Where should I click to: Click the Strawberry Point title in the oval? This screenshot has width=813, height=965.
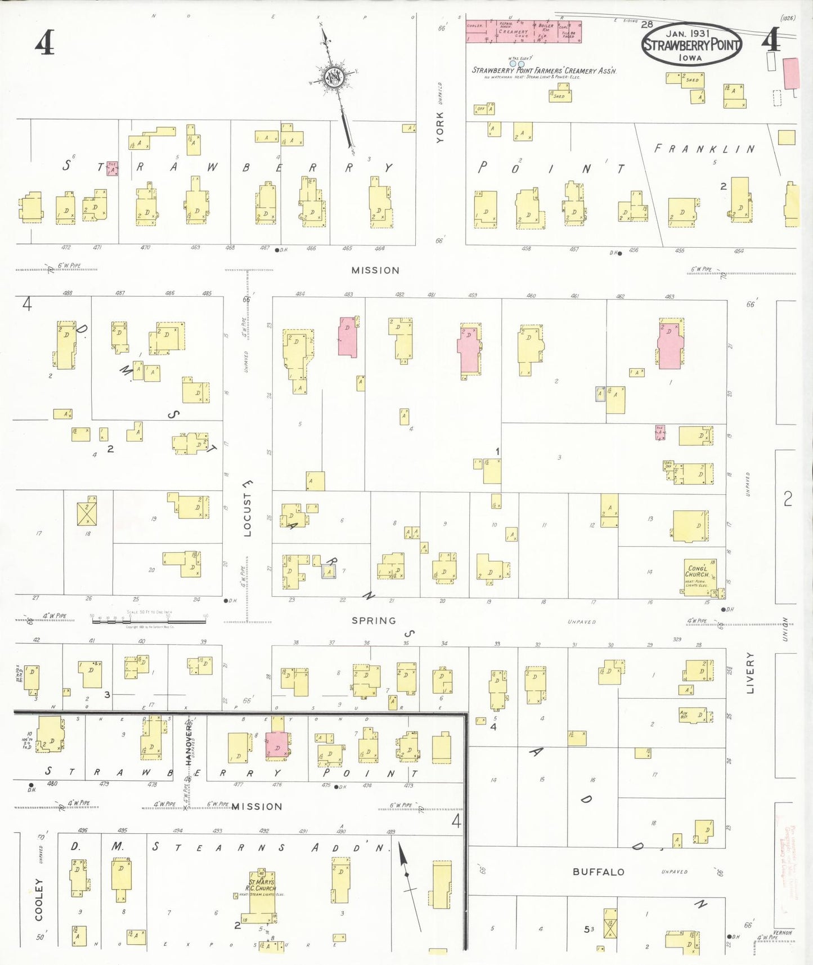pyautogui.click(x=691, y=45)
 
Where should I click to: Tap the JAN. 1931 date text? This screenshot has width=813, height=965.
pyautogui.click(x=688, y=34)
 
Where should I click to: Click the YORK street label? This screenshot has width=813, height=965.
pyautogui.click(x=439, y=127)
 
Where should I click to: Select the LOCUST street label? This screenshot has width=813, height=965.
pyautogui.click(x=248, y=507)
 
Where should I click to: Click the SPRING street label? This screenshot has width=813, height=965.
pyautogui.click(x=374, y=620)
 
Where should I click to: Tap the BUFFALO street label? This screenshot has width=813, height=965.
pyautogui.click(x=598, y=872)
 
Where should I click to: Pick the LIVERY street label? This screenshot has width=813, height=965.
pyautogui.click(x=749, y=672)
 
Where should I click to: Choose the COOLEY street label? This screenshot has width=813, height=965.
pyautogui.click(x=39, y=899)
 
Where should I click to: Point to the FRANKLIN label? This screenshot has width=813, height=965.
pyautogui.click(x=704, y=149)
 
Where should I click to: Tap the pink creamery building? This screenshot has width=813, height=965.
pyautogui.click(x=523, y=32)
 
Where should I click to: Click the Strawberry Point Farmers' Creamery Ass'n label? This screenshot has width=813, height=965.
pyautogui.click(x=544, y=70)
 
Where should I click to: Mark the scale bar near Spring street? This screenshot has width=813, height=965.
pyautogui.click(x=149, y=620)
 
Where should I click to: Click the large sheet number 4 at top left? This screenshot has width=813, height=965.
pyautogui.click(x=44, y=42)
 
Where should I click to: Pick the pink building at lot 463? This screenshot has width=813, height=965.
pyautogui.click(x=670, y=344)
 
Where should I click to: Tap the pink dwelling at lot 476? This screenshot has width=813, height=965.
pyautogui.click(x=276, y=745)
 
